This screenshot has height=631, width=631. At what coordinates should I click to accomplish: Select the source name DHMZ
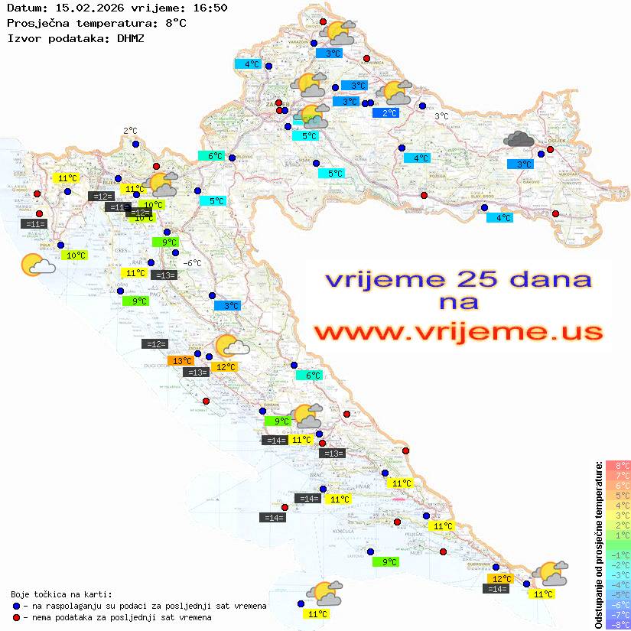click(130, 37)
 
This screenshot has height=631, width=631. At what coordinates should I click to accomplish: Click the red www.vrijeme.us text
click(458, 332)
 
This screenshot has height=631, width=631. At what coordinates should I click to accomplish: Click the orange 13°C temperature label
click(181, 360)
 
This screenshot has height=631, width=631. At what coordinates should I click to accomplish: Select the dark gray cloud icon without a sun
click(519, 139)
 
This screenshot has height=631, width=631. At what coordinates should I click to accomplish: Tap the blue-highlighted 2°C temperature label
click(389, 113)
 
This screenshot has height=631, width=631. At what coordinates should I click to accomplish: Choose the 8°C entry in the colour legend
click(617, 466)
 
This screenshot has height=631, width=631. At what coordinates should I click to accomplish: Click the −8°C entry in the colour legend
click(616, 625)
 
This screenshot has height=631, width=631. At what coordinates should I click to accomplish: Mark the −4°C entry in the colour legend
click(616, 585)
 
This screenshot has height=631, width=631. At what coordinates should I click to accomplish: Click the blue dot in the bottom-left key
click(16, 606)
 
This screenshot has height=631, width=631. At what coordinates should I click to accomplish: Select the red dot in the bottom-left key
click(16, 617)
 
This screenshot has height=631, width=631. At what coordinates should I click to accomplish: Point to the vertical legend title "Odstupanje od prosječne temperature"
click(599, 544)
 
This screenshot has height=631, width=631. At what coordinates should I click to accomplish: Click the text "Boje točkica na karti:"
click(61, 594)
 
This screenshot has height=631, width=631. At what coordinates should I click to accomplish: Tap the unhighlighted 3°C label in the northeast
click(441, 116)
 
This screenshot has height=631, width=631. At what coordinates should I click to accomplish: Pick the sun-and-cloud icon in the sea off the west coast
click(37, 265)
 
